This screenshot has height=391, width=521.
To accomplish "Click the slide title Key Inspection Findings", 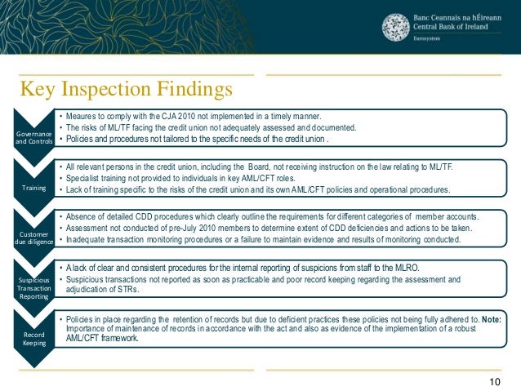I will [x=127, y=87].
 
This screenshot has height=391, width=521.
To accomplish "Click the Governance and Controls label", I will [x=33, y=137].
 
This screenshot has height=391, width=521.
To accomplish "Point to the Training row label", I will [x=33, y=187].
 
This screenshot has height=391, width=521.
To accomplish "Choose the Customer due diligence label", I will [x=33, y=237].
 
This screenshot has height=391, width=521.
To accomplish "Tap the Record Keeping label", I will [x=33, y=337].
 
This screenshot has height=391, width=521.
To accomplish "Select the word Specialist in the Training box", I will [x=85, y=178].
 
